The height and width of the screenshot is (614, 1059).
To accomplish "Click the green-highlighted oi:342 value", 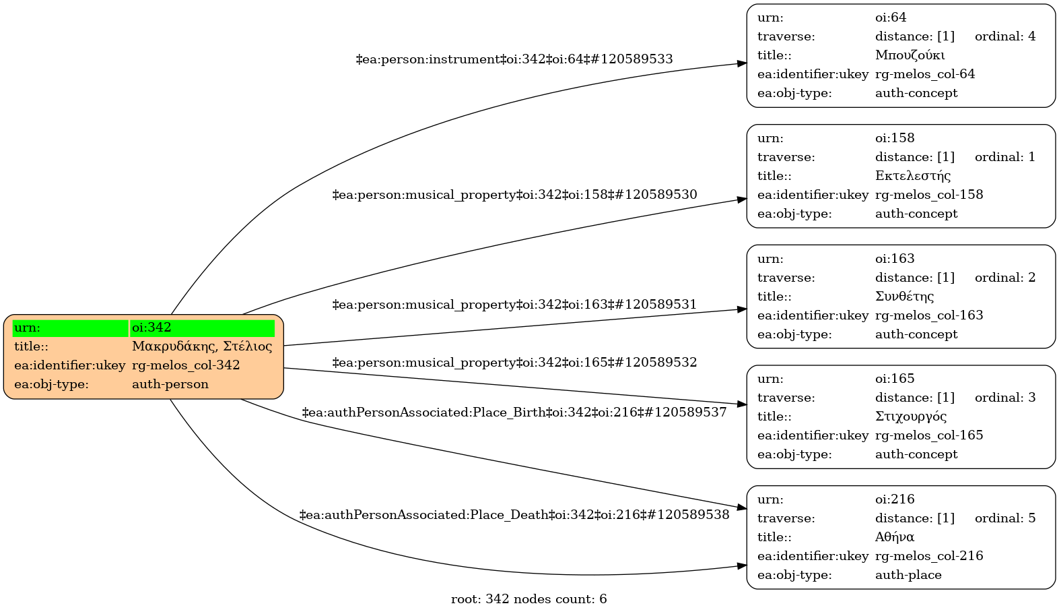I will click(x=151, y=328).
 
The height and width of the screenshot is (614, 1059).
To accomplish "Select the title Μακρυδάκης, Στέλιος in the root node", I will click(x=202, y=347).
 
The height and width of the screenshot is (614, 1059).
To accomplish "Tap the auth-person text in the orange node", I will click(x=170, y=385).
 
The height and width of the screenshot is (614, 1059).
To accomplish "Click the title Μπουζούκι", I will click(x=910, y=56).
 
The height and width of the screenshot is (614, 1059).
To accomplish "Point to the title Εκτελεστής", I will click(x=913, y=177).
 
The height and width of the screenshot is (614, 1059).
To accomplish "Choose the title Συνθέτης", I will click(x=904, y=297).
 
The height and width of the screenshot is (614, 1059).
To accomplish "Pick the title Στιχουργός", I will click(x=911, y=417).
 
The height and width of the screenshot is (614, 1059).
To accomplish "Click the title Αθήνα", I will click(x=895, y=537).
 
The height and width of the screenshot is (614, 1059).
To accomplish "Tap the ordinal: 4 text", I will click(x=1005, y=37).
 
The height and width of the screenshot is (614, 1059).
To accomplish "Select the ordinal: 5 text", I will click(x=1005, y=518).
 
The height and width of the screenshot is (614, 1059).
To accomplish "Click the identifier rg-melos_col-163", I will click(x=929, y=315).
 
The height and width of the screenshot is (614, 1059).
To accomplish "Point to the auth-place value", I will click(x=908, y=575).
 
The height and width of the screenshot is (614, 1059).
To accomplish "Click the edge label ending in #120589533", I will click(x=514, y=60).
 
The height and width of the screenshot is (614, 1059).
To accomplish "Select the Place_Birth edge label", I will click(x=514, y=412).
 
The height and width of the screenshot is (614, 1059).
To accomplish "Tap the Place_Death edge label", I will click(x=514, y=516).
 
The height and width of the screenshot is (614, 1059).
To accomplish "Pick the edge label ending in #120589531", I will click(x=514, y=305).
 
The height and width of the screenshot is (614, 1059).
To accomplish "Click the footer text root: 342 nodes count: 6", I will click(x=528, y=599).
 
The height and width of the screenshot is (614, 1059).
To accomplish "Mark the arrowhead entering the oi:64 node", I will click(x=742, y=63).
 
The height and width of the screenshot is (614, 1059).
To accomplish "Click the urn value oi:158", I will click(x=895, y=139).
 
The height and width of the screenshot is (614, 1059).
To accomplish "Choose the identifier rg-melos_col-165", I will click(x=929, y=435).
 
